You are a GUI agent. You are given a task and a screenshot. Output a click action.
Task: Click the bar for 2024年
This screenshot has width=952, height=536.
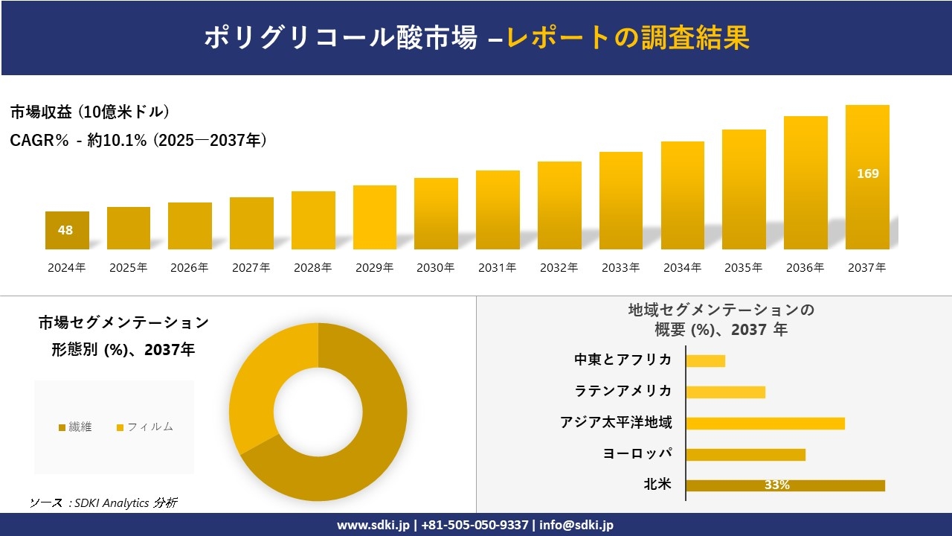pos(67,230)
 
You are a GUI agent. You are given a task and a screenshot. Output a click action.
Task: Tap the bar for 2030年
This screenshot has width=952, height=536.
pos(436,214)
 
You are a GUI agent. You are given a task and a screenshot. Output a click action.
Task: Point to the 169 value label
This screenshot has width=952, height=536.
pos(867,173)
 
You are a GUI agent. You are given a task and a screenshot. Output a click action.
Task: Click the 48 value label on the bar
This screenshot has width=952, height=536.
pos(65,230)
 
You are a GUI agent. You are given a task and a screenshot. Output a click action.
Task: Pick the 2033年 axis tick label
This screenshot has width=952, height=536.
pos(620,268)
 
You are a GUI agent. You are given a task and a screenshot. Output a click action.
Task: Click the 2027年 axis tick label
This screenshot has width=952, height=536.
pos(251,268)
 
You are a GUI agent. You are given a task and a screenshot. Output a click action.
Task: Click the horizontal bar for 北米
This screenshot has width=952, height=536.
pos(785,485)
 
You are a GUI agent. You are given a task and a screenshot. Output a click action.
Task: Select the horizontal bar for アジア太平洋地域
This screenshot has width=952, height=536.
pos(765,423)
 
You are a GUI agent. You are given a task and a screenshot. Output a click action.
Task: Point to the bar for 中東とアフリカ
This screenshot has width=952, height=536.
pos(705,360)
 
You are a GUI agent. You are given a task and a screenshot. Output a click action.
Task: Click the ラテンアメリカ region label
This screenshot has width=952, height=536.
pos(623,391)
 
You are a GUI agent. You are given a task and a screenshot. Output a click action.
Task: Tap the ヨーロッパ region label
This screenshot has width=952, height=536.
pos(637,453)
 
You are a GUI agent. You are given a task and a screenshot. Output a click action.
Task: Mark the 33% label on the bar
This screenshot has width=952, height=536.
pos(776,485)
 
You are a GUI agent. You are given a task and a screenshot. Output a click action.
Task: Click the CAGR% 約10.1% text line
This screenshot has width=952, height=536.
pos(138,140)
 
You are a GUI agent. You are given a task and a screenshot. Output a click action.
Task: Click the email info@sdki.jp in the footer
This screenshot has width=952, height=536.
pos(577,525)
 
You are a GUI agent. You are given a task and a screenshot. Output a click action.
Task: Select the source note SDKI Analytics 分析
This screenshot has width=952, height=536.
pos(104,502)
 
